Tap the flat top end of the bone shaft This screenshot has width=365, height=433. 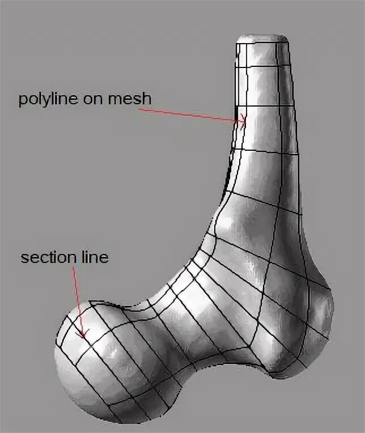point(262,38)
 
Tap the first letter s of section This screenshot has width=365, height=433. point(24,258)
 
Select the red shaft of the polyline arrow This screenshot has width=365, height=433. point(187,115)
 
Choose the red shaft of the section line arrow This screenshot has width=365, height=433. point(79,300)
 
